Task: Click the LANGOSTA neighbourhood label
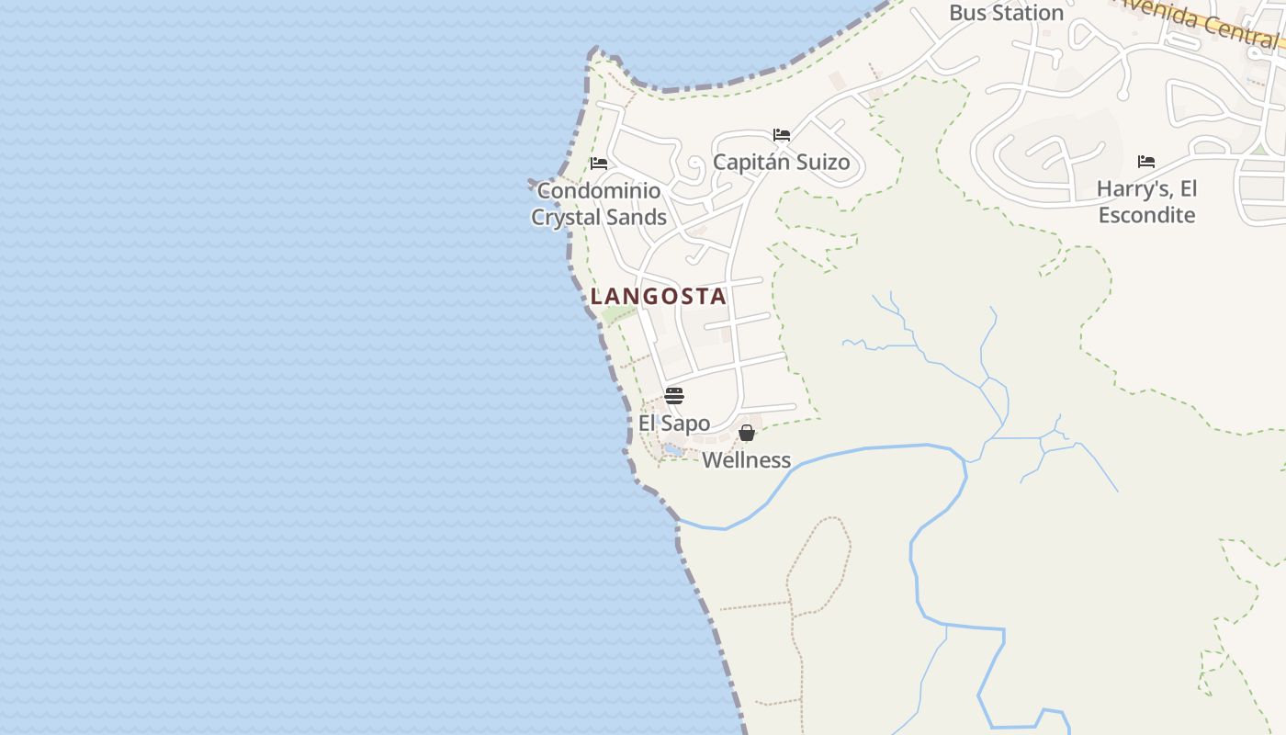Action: click(659, 296)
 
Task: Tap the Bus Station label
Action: click(1006, 13)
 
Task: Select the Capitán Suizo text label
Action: click(781, 163)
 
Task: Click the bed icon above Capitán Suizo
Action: click(782, 134)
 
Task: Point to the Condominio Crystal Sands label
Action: click(599, 204)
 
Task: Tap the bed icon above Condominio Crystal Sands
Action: click(599, 164)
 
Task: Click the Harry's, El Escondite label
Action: click(1146, 202)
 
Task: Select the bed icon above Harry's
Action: click(1146, 162)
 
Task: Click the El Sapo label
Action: click(674, 424)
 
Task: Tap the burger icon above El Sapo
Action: click(674, 396)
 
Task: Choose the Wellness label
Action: click(746, 460)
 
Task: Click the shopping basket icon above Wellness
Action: click(747, 433)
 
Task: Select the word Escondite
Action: click(1146, 215)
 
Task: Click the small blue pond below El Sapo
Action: click(673, 449)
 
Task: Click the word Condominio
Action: click(599, 191)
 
